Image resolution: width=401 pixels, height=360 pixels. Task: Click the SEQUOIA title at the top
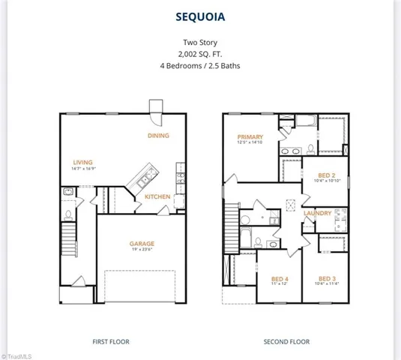(x=200, y=16)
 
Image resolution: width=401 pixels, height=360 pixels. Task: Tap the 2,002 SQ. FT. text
(x=200, y=54)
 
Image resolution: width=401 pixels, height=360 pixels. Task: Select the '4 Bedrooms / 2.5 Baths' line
(x=200, y=65)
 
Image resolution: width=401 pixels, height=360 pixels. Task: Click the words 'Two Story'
(x=200, y=43)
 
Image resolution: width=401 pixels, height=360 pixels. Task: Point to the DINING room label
(x=158, y=136)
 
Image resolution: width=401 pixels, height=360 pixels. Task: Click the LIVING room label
(x=82, y=162)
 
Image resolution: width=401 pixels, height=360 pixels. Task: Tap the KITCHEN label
(x=157, y=197)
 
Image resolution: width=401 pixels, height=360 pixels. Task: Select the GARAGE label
(x=142, y=244)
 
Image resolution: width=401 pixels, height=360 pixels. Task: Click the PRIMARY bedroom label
(x=250, y=137)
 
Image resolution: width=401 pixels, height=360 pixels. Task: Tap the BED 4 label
(x=280, y=279)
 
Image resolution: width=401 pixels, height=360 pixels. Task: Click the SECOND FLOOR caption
(x=286, y=341)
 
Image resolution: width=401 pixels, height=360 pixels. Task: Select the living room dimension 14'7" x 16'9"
(x=82, y=169)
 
